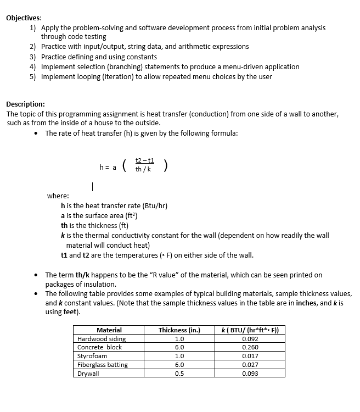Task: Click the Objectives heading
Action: point(23,17)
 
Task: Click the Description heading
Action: point(25,104)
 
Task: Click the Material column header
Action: point(109,330)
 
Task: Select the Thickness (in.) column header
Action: point(179,330)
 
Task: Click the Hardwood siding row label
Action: point(102,339)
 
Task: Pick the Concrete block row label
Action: point(99,347)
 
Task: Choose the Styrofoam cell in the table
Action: point(92,356)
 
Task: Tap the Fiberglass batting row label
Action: point(103,365)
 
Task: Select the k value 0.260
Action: point(250,347)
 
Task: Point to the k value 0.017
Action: point(250,356)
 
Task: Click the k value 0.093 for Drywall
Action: point(250,374)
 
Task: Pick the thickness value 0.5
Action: point(179,374)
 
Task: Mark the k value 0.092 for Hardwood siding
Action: point(250,339)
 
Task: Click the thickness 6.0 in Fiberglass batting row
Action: point(179,365)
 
